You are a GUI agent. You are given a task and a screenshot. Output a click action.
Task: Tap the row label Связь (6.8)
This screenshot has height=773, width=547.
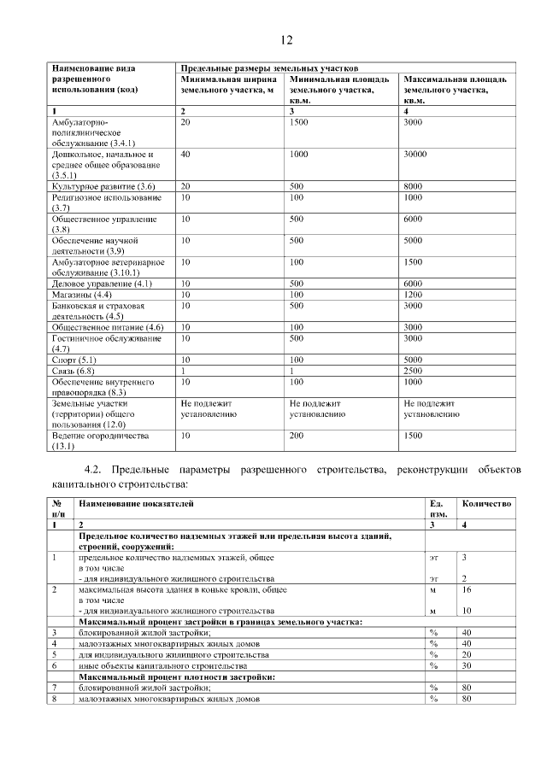[74, 371]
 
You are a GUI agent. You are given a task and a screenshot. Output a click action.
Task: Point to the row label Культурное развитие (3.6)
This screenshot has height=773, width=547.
[103, 186]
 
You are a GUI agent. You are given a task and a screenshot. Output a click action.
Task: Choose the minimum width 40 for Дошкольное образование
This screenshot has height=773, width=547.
[185, 155]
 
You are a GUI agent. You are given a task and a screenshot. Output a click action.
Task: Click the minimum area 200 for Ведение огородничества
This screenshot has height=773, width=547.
[297, 436]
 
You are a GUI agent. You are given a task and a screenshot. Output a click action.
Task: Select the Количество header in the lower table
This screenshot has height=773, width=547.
[486, 504]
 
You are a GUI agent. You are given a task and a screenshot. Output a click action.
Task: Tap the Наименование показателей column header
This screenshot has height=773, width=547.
[136, 504]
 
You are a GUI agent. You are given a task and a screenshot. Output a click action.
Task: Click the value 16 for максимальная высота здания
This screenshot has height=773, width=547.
[466, 589]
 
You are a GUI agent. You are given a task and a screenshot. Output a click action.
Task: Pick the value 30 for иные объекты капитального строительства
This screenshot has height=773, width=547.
[466, 665]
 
